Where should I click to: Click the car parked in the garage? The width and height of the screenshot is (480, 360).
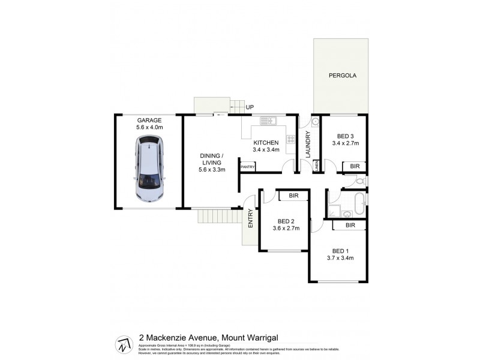pos(149,169)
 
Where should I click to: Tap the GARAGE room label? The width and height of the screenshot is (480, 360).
pos(149,120)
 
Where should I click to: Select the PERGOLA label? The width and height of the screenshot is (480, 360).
pos(342,76)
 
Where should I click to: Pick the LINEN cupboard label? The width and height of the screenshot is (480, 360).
pos(314,166)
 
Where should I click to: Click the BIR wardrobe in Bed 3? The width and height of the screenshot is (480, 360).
pos(355,166)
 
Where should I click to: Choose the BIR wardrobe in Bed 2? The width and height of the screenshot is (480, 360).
pos(293,196)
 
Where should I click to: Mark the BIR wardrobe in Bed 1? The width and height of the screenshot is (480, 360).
pos(351,226)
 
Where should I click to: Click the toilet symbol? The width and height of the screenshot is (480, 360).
pos(358,181)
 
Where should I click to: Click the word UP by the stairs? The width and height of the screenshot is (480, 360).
pos(250,107)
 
